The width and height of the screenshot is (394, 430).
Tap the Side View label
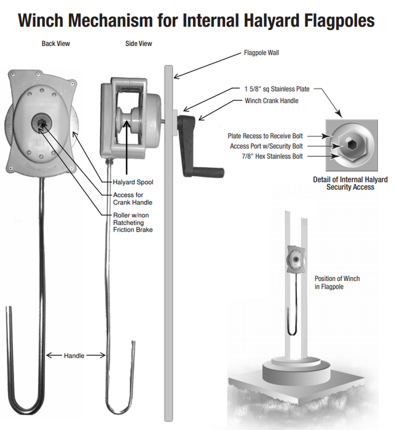[x=138, y=44]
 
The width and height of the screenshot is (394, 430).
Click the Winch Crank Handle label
[x=272, y=100]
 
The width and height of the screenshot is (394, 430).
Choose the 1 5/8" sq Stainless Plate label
[x=277, y=90]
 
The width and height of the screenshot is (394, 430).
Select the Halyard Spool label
[x=133, y=182]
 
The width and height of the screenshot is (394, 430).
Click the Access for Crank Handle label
[x=133, y=199]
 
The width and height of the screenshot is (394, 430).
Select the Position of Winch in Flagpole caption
[x=337, y=283]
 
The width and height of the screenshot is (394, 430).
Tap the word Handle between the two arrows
[x=74, y=355]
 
